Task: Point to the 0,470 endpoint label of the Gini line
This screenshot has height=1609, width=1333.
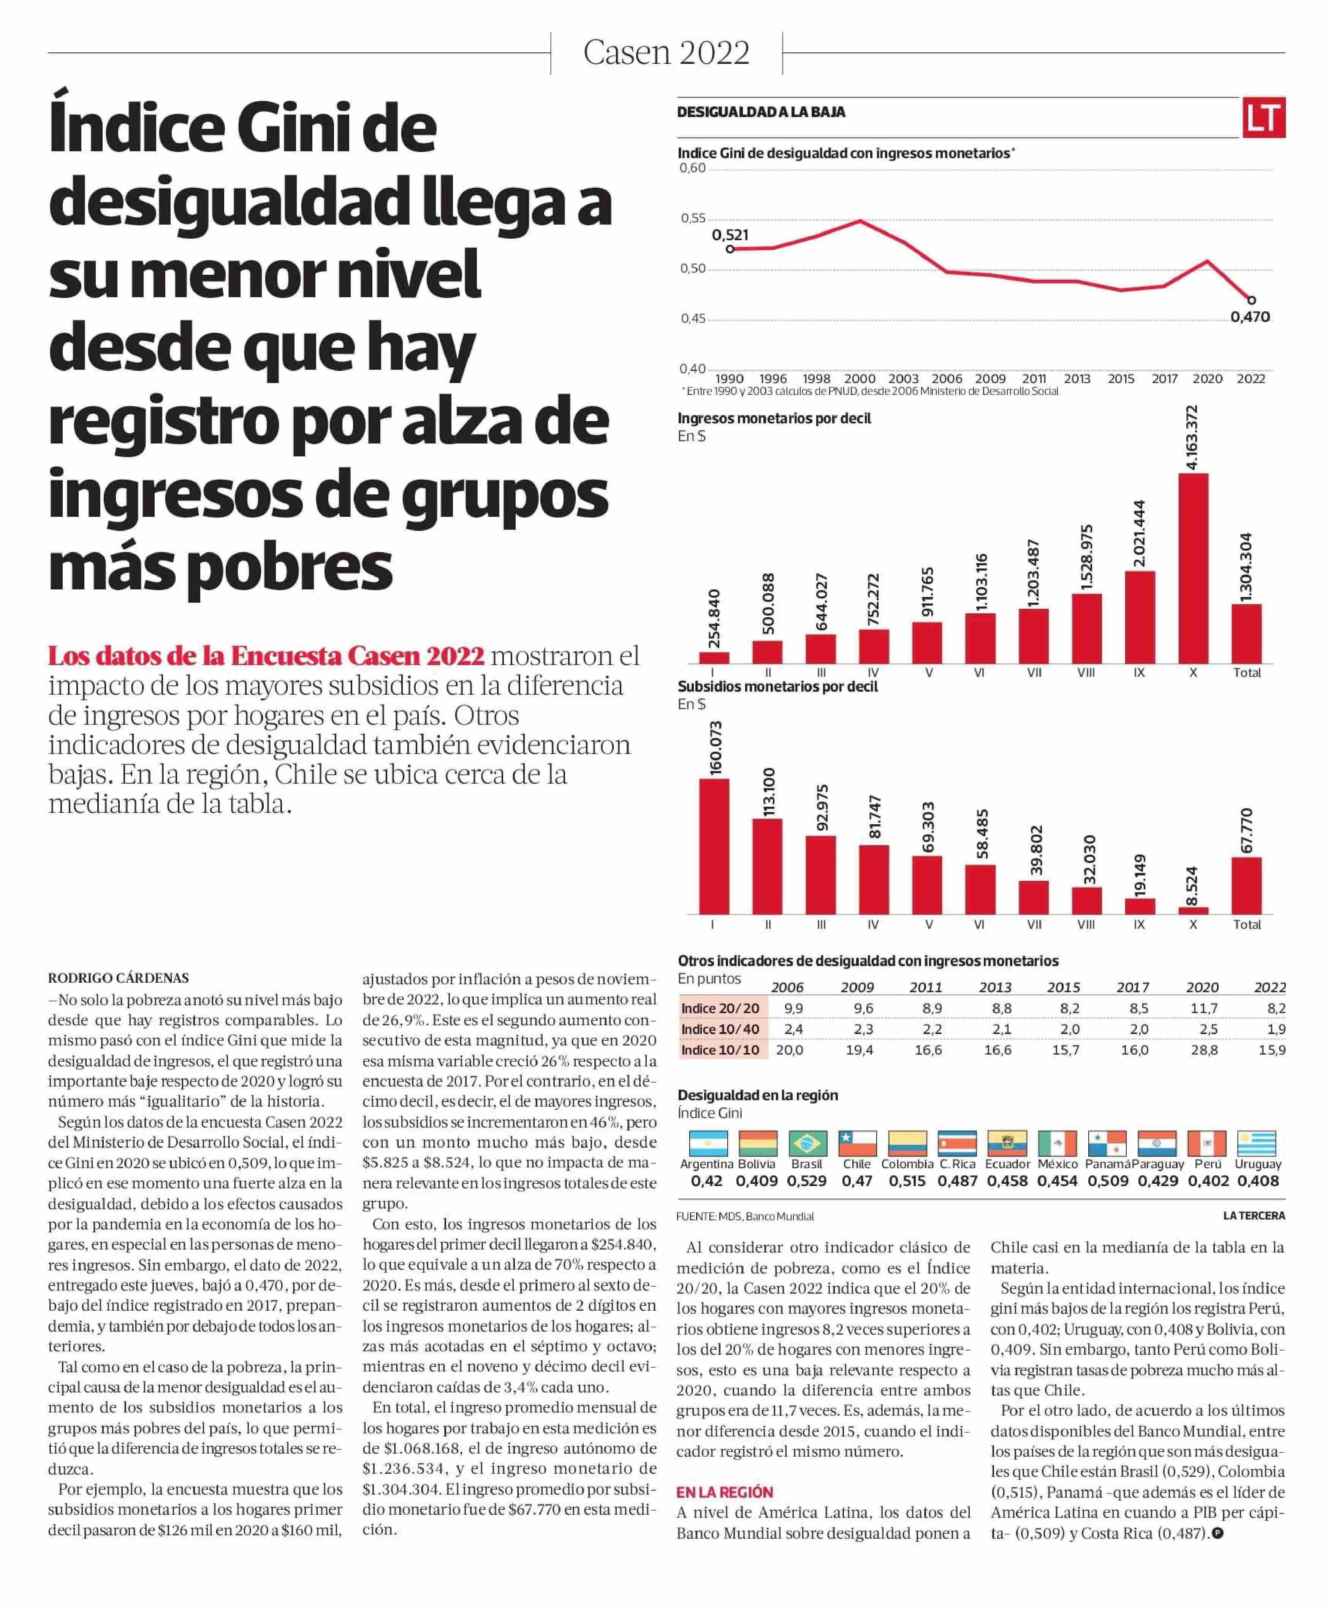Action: [x=1249, y=317]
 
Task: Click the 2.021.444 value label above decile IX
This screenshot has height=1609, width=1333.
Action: [x=1139, y=533]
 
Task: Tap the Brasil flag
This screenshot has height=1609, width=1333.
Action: [x=807, y=1143]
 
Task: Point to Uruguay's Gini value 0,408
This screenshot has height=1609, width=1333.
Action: [x=1257, y=1181]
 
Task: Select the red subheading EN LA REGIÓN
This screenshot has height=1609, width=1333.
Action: [x=724, y=1492]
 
